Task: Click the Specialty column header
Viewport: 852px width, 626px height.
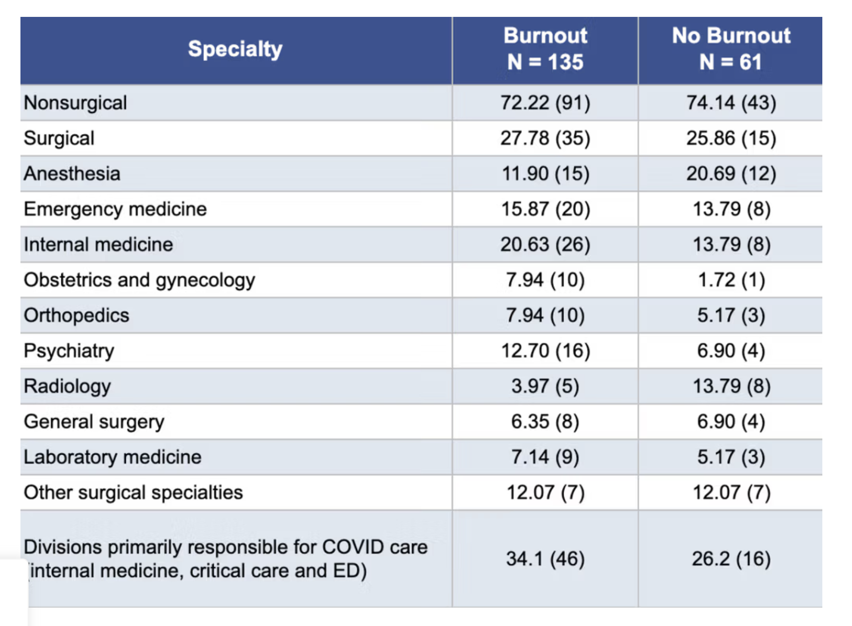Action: (235, 49)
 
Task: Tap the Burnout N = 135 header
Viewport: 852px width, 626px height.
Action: (545, 49)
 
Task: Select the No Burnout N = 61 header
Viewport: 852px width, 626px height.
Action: (731, 49)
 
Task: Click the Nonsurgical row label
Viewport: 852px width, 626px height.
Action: (75, 103)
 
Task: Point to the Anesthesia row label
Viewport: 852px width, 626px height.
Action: (72, 173)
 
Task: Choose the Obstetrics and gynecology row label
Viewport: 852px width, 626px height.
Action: (139, 280)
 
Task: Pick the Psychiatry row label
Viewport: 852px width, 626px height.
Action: (69, 351)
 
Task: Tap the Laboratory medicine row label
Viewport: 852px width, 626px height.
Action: (112, 457)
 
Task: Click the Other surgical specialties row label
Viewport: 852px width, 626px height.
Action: (133, 493)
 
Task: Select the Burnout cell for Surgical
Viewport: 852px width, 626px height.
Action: (545, 138)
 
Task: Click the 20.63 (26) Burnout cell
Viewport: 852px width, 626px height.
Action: (545, 244)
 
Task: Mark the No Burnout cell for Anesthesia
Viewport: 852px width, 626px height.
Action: (731, 173)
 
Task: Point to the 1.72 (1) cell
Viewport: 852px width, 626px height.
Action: (731, 280)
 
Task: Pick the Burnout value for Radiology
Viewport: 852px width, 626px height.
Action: (545, 386)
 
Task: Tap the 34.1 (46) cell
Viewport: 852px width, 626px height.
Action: (545, 558)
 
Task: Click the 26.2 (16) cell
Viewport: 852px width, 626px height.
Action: (731, 558)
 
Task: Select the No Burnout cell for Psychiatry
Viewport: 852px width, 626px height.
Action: (731, 351)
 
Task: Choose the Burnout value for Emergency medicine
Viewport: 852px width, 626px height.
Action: (545, 209)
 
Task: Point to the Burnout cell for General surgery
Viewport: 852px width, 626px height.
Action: (545, 421)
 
